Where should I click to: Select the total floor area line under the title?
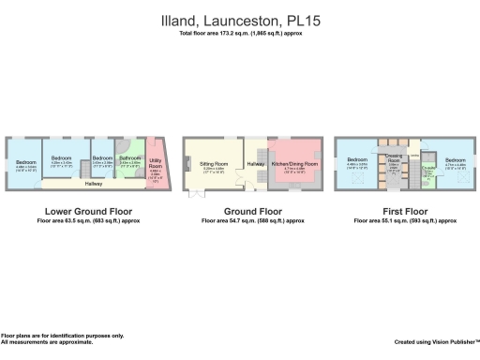point(241,34)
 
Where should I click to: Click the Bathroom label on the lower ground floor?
point(129,158)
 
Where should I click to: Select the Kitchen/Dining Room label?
point(295,163)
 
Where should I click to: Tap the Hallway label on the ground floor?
point(255,165)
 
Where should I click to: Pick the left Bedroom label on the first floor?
point(357,160)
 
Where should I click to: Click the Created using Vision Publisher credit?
point(436,342)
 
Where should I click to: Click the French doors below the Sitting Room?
point(196,193)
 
